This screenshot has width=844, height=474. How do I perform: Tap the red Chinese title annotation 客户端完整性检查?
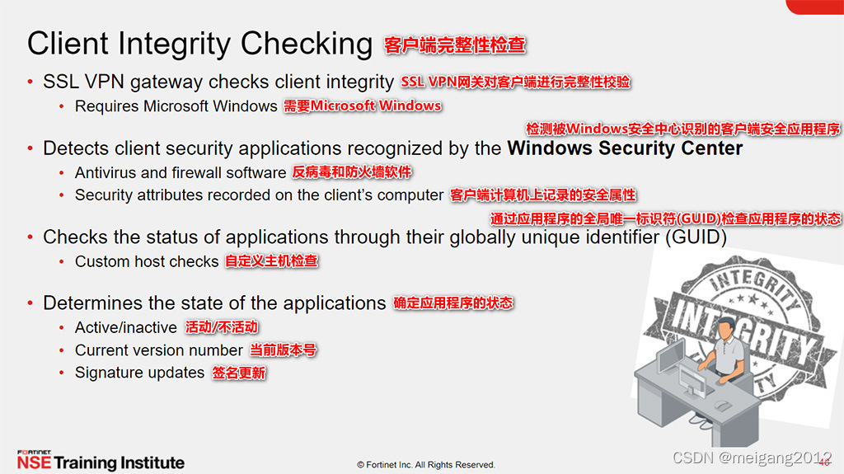click(x=454, y=45)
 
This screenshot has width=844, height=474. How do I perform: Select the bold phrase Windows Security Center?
click(x=625, y=148)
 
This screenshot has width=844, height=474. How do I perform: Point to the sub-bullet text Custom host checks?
click(x=146, y=261)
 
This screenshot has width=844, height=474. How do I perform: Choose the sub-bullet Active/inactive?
click(x=125, y=327)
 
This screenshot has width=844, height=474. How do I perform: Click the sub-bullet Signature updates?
click(x=139, y=373)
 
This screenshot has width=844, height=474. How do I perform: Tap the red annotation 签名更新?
click(x=239, y=373)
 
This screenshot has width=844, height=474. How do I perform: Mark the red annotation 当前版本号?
click(x=283, y=350)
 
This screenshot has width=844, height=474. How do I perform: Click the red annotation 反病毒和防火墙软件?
click(x=352, y=172)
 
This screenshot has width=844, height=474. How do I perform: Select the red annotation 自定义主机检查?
click(x=271, y=261)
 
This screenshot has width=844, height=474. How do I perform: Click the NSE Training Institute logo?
click(x=100, y=461)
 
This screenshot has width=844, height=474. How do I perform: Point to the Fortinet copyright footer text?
click(x=425, y=465)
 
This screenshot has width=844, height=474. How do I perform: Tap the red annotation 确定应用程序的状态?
click(x=452, y=303)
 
